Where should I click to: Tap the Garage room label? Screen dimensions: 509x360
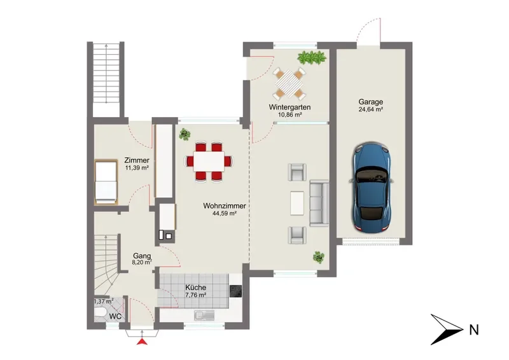tap(371, 102)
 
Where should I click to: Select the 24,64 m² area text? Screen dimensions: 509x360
tap(371, 110)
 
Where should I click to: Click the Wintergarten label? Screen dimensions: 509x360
tap(289, 107)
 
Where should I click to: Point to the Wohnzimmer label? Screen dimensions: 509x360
tap(225, 206)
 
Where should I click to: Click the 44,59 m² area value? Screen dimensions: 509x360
tap(225, 214)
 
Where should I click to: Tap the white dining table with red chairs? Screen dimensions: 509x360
tap(209, 162)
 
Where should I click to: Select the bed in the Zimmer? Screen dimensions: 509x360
tap(106, 182)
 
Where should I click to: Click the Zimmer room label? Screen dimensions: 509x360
tap(137, 160)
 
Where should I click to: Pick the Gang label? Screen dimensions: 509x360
tap(142, 256)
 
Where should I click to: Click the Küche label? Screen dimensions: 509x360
tap(195, 287)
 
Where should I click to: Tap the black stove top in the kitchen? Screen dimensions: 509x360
tap(235, 291)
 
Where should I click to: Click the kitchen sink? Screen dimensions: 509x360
tap(204, 315)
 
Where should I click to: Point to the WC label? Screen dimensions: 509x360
tap(115, 316)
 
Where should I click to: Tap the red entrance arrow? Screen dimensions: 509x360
tap(142, 341)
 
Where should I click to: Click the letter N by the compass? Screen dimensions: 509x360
tap(474, 330)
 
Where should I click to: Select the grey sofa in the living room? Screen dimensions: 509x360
tap(319, 203)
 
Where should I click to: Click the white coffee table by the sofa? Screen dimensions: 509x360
tap(297, 203)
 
